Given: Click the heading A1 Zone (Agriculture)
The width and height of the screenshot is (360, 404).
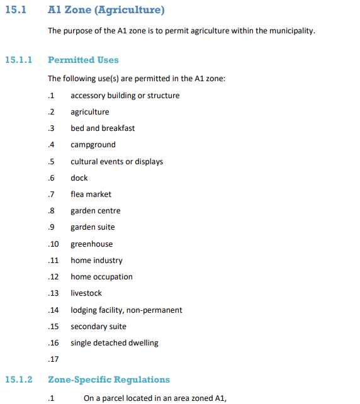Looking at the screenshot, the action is pos(106,11).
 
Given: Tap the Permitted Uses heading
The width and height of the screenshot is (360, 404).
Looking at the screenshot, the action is pos(83,60).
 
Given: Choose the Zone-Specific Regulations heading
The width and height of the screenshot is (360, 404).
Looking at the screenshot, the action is pos(109,379).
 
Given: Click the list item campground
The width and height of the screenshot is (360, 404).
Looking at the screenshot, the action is pos(93,145).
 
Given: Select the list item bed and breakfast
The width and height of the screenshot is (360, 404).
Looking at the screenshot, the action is pos(103,128).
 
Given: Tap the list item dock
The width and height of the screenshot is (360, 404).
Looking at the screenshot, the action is pos(79,178).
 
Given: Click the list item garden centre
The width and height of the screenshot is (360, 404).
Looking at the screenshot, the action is pos(96,211).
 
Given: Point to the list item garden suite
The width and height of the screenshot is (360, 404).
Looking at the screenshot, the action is pos(93,227).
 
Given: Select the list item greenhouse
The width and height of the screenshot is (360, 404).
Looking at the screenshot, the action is pos(92,244).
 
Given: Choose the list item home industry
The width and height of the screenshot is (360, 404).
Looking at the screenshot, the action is pos(96,261).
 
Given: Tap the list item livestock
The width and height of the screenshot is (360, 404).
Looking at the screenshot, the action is pos(86,293).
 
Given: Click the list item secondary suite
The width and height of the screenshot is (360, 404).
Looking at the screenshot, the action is pos(98,327).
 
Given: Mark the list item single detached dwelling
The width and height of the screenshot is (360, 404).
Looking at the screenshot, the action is pos(115,343).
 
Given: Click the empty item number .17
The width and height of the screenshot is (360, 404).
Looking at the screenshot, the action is pos(53,360).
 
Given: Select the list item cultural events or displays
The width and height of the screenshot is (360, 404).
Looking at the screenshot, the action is pos(116,162).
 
